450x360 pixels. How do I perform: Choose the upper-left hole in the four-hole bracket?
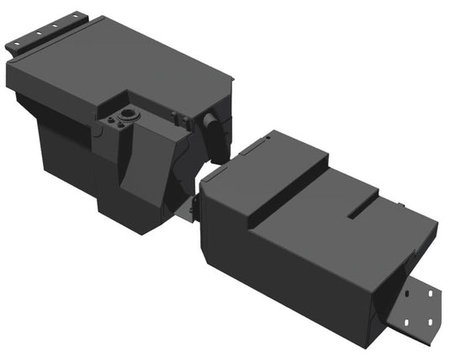click(x=411, y=296)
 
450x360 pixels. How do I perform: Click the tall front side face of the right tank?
click(x=278, y=269)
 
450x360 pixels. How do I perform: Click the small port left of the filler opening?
click(x=110, y=123)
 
